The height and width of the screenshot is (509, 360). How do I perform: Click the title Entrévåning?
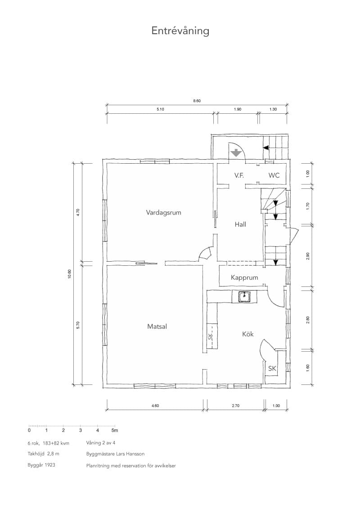(180, 31)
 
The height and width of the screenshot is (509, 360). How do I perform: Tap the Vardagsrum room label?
(163, 213)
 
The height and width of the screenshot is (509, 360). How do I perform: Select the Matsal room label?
(157, 326)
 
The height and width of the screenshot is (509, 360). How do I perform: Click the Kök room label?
(248, 334)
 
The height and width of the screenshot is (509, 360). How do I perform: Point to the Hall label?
(240, 224)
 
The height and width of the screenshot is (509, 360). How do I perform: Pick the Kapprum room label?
(244, 277)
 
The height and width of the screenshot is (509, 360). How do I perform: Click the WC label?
(274, 175)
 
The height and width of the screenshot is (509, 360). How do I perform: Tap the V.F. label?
(239, 175)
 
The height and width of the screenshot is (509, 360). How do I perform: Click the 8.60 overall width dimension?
(197, 101)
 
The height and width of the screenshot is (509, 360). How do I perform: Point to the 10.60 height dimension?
(69, 274)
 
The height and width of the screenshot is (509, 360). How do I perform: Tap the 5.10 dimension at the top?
(160, 109)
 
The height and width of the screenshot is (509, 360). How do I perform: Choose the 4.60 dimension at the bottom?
(155, 406)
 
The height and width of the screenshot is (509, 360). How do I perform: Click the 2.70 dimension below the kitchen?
(235, 406)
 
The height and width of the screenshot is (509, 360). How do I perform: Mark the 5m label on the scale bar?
(115, 430)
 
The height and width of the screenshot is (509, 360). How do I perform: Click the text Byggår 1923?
(41, 465)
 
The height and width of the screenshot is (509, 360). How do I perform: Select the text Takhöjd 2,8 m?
(44, 454)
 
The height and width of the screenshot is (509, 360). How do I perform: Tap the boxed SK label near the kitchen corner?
(272, 368)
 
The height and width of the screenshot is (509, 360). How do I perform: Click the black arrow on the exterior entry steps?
(266, 147)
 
